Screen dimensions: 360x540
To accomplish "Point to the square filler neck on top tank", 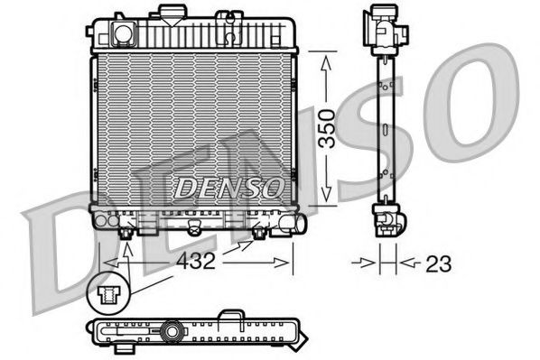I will (122, 33).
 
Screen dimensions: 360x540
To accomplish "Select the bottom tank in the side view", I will (386, 219).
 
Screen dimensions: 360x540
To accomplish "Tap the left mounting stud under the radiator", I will (127, 233).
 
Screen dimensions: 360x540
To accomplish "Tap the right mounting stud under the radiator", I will (259, 233).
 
